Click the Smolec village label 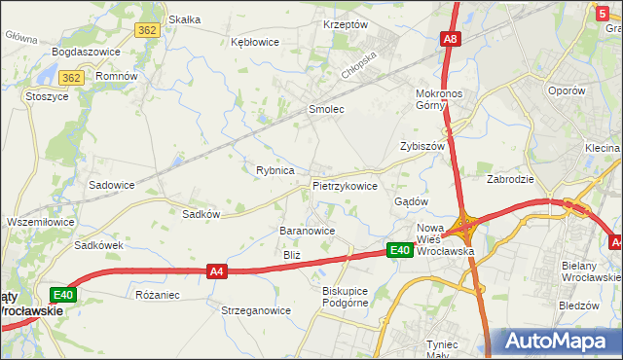[x=326, y=110]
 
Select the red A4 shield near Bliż [x=218, y=272]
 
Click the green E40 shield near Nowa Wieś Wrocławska [x=399, y=250]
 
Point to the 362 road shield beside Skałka [x=147, y=30]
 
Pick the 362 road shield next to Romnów [x=70, y=77]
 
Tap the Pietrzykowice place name [x=345, y=185]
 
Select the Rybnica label [x=275, y=170]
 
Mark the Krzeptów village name [x=345, y=24]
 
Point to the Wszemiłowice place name [x=40, y=222]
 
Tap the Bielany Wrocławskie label [x=585, y=270]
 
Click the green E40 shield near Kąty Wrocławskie [x=61, y=295]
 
